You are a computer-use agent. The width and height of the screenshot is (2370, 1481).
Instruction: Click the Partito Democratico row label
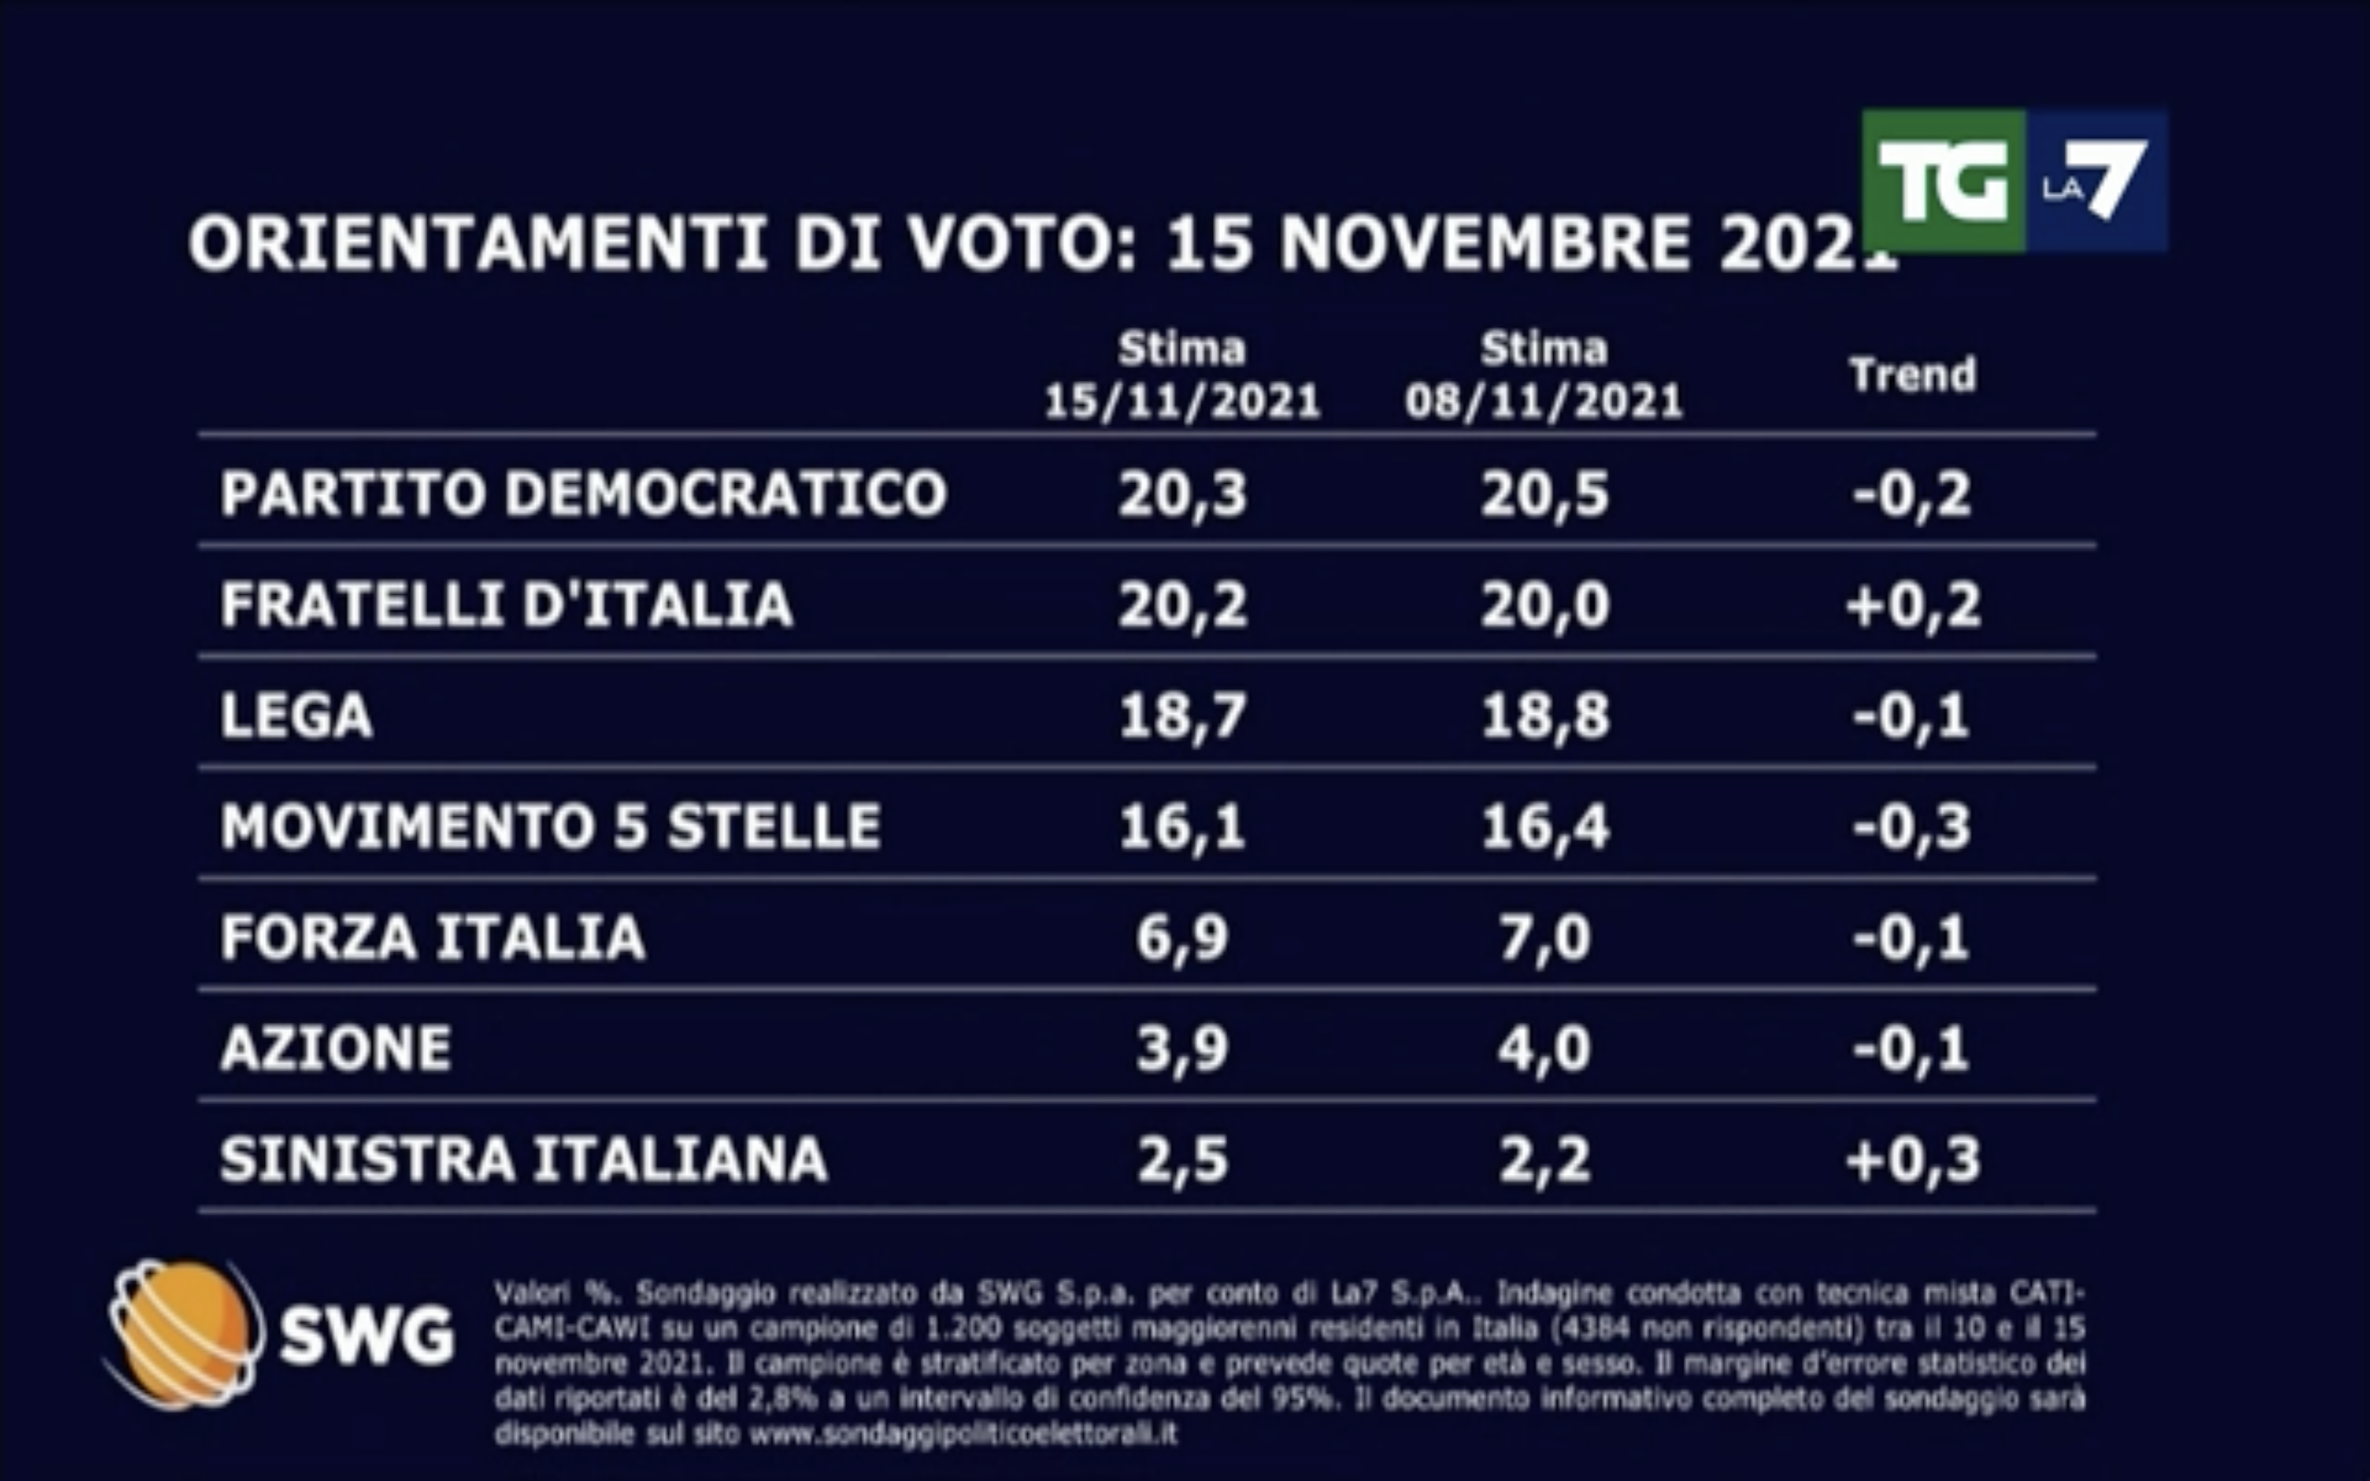click(x=583, y=493)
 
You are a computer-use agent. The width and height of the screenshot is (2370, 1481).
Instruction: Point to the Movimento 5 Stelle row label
click(x=551, y=827)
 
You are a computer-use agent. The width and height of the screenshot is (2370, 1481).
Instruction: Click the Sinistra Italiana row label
click(x=524, y=1160)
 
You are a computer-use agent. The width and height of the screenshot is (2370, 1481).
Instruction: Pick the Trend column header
click(x=1912, y=375)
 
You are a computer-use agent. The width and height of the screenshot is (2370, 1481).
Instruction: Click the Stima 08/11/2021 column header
click(x=1545, y=375)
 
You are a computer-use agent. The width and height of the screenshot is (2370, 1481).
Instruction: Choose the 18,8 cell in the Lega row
click(x=1545, y=716)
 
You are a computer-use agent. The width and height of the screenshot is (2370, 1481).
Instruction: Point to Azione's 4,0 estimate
click(x=1545, y=1049)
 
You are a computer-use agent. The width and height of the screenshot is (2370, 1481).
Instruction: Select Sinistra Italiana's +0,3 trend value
click(x=1912, y=1160)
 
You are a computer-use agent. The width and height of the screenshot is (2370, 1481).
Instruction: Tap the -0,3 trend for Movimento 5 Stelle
click(x=1912, y=827)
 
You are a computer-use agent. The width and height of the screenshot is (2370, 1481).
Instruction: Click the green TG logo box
click(x=1943, y=181)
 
